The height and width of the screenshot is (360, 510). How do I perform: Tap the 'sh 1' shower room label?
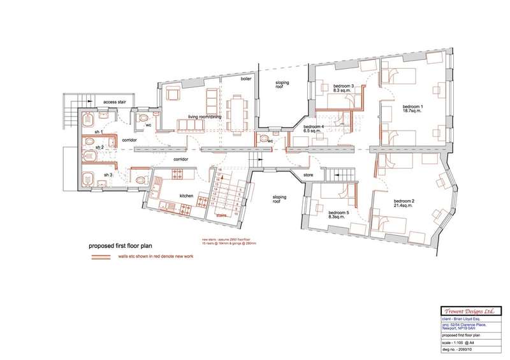pyautogui.click(x=99, y=131)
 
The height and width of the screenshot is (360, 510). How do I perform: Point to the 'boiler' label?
pyautogui.click(x=246, y=80)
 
